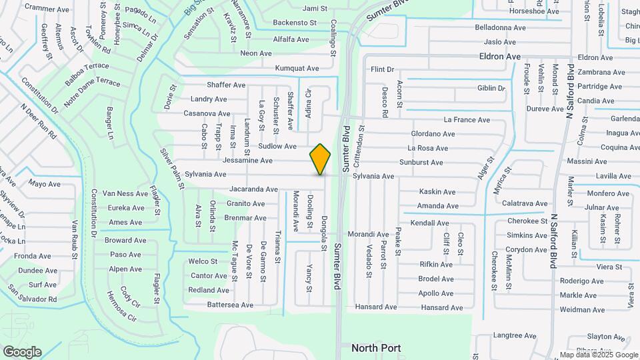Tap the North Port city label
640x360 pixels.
pos(377,348)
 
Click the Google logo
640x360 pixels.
pos(22,351)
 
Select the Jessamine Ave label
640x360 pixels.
pos(247,161)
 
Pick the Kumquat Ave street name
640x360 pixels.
pos(297,68)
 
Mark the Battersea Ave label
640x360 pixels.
pos(230,305)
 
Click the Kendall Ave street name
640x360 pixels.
pos(429,223)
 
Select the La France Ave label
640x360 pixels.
pos(467,120)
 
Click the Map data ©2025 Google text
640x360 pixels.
pos(598,355)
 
